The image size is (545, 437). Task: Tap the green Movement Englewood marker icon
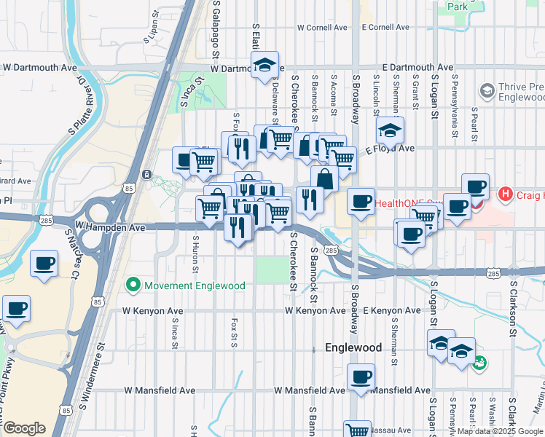(133, 285)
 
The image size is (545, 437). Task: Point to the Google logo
(24, 428)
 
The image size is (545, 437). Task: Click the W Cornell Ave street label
(322, 28)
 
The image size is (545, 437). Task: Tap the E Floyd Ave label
(390, 149)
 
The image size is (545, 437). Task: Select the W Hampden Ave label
(104, 228)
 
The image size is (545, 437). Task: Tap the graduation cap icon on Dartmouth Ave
(265, 64)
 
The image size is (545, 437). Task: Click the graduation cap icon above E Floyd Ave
(391, 130)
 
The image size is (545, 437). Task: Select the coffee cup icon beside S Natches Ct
(44, 264)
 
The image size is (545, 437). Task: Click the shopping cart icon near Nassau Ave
(357, 430)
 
